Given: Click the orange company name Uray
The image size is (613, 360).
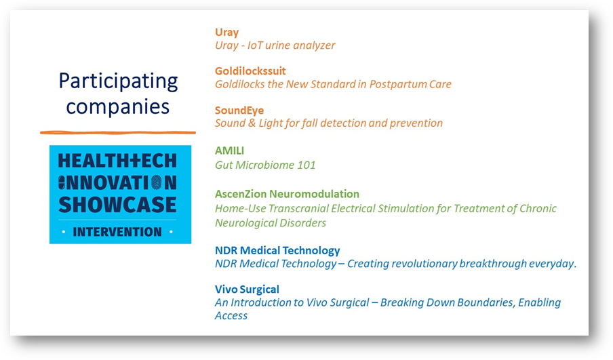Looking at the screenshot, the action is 226,33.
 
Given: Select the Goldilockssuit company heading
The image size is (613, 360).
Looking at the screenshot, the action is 250,71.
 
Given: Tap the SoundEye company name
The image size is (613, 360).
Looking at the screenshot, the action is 239,111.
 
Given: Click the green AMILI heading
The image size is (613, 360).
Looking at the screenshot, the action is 229,151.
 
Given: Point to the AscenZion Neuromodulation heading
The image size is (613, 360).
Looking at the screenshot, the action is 287,194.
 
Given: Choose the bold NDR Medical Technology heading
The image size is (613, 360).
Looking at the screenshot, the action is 277,251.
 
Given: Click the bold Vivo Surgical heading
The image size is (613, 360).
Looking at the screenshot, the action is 247,289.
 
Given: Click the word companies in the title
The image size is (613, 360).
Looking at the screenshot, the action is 118,107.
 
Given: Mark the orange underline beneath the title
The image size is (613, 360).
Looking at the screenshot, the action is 118,132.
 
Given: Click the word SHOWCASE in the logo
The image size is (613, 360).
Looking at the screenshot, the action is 117,205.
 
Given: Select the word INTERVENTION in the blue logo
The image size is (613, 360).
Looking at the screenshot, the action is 117,232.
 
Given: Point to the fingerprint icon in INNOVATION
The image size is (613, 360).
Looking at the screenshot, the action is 156,182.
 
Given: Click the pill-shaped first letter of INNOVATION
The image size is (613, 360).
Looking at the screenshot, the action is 62,182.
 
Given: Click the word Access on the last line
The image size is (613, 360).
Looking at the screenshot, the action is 231,316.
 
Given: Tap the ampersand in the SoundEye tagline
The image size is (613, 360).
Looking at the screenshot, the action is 252,123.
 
